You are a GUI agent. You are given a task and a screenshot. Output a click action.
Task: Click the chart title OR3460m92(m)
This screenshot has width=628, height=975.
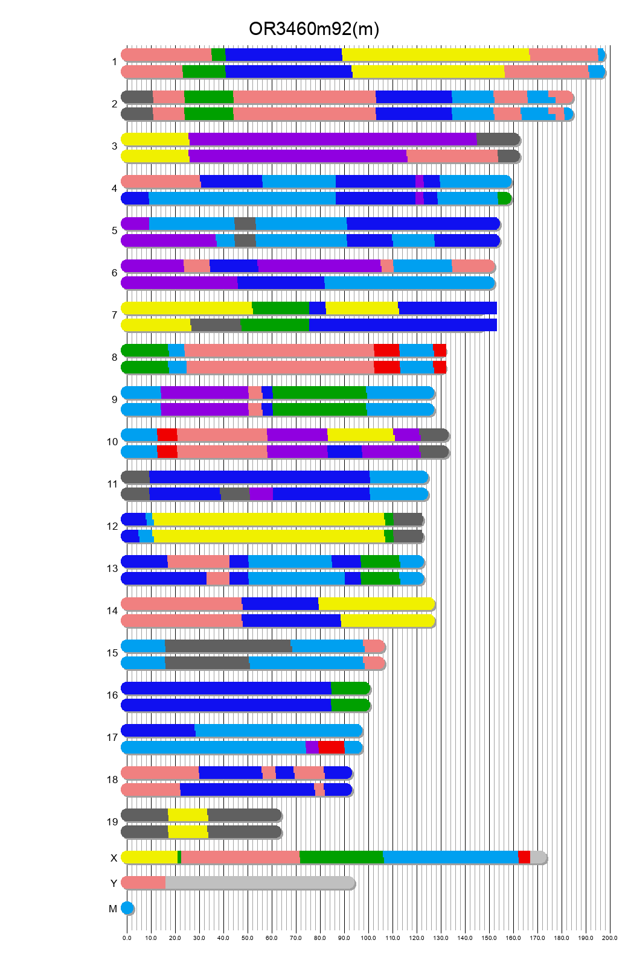314,29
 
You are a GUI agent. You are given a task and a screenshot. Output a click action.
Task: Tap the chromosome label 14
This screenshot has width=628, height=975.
112,611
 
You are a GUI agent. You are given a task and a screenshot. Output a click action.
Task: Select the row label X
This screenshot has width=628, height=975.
114,858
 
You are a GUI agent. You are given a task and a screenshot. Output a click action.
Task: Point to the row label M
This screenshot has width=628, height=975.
113,909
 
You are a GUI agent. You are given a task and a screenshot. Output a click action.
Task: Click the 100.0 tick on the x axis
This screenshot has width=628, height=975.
368,938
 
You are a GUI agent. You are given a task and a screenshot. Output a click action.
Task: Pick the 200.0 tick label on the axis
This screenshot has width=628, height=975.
609,938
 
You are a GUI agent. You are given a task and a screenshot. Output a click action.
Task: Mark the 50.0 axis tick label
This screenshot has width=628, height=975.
248,938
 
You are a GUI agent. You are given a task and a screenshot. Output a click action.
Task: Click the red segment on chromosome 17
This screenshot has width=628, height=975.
331,748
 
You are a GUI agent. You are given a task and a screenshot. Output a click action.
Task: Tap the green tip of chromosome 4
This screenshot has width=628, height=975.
504,198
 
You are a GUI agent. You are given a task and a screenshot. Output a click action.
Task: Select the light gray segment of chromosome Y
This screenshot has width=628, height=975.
260,883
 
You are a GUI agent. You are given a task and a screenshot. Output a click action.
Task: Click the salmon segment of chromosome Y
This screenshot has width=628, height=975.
144,883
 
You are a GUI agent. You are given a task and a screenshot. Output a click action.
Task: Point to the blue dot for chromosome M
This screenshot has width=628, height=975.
127,908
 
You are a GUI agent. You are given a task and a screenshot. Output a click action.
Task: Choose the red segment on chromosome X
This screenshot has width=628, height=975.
524,857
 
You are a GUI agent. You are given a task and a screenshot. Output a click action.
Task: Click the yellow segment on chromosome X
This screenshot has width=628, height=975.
149,857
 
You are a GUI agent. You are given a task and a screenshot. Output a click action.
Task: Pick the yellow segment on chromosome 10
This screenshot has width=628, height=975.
360,435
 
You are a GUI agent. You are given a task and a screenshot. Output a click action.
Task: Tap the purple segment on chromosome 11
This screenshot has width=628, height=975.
261,494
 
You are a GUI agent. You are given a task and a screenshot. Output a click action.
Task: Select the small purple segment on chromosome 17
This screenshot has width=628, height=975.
312,748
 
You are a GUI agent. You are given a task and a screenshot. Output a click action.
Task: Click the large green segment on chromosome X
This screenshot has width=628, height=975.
341,857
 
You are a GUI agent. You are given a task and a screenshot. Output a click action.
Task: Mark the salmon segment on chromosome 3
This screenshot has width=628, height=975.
452,156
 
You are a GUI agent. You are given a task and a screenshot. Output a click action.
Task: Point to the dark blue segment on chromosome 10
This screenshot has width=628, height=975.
344,452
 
